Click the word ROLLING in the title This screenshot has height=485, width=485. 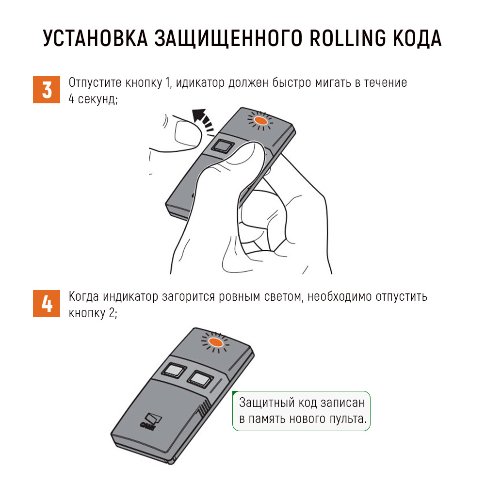coord(348,38)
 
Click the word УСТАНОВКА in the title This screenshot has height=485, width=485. coord(95,38)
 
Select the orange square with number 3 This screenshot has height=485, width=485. coord(47,90)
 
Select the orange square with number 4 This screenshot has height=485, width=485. coord(47,304)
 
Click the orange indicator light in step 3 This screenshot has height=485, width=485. coord(260,121)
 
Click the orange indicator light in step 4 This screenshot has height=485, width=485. coord(216,342)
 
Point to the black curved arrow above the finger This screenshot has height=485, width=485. coord(203,120)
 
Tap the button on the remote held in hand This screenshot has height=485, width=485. coord(222,145)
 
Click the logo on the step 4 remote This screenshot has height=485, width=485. coord(151,421)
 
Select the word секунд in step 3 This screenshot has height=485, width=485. coord(97,99)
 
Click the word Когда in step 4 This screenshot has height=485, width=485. coord(84,297)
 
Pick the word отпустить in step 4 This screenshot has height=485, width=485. coord(402,297)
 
